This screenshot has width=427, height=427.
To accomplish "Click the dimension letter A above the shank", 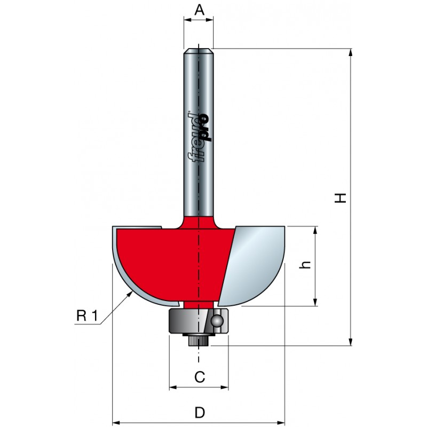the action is (x=199, y=10).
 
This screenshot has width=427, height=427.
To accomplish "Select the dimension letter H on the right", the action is (x=341, y=198).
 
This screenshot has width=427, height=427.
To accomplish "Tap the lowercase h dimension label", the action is (x=305, y=265).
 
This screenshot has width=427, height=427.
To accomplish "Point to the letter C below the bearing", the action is (x=200, y=377).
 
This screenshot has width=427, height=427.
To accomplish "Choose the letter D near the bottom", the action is (x=200, y=413).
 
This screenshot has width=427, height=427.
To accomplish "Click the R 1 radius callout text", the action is (x=86, y=316).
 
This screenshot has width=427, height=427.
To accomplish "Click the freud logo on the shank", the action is (x=200, y=138).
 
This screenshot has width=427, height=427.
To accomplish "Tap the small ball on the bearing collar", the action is (x=218, y=321).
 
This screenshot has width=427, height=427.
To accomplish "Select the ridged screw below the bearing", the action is (x=199, y=340).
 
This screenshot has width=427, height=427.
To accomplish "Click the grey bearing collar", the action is (x=199, y=321).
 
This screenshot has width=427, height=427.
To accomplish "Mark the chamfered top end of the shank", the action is (x=199, y=51).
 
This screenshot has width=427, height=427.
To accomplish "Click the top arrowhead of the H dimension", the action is (x=351, y=53).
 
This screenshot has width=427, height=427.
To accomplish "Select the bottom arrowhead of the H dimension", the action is (x=351, y=342).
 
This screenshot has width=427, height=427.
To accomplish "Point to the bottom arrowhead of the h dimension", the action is (x=315, y=302).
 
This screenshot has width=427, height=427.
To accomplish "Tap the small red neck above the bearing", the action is (x=199, y=305).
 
